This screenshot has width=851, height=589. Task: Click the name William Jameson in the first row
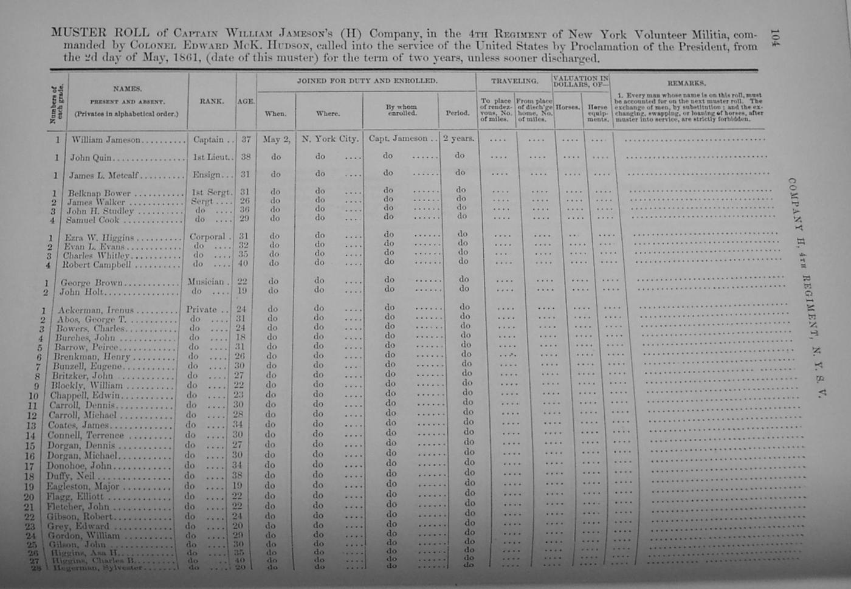click(106, 140)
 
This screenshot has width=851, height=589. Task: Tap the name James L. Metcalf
click(103, 176)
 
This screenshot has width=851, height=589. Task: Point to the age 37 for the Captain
click(246, 139)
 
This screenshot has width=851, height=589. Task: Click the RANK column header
click(211, 101)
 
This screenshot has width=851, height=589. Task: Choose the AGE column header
click(246, 102)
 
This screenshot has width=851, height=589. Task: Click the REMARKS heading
click(686, 83)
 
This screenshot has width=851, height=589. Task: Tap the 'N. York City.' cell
click(330, 139)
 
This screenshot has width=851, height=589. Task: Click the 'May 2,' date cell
click(277, 139)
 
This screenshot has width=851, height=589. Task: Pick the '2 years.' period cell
click(458, 138)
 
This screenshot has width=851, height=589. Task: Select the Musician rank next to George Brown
click(206, 281)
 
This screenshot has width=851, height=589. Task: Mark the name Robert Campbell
click(97, 265)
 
